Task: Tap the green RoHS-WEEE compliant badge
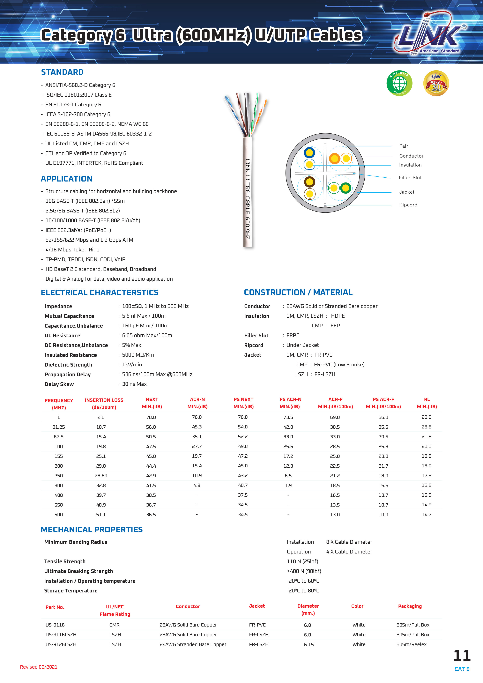[x=399, y=83]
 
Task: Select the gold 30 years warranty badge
[x=436, y=83]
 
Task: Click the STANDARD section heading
[x=62, y=72]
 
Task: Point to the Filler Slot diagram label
[x=410, y=178]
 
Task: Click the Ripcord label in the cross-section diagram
[x=408, y=205]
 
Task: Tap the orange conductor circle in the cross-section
[x=335, y=159]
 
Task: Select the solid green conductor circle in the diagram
[x=346, y=188]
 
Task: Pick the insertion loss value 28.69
[x=101, y=476]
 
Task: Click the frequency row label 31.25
[x=59, y=427]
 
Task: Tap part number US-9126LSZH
[x=61, y=644]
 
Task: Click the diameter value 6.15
[x=309, y=645]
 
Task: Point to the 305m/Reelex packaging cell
[x=411, y=644]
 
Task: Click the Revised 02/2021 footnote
[x=39, y=667]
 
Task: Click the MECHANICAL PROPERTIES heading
[x=92, y=530]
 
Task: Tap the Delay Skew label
[x=59, y=384]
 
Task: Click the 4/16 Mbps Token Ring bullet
[x=72, y=250]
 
